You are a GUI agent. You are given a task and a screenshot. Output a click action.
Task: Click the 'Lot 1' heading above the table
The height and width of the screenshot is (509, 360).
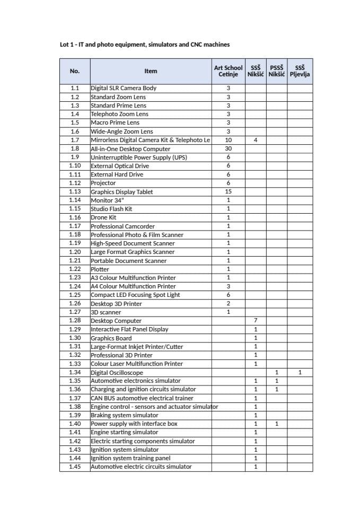[145, 45]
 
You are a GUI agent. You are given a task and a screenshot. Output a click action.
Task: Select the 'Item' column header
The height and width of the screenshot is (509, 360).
[151, 71]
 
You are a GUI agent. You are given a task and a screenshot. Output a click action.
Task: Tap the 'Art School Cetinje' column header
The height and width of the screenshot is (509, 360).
[229, 71]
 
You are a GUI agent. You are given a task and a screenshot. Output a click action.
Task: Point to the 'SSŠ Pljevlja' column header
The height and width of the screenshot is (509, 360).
[300, 71]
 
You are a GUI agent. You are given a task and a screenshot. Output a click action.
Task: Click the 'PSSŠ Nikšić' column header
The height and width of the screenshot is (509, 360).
[276, 71]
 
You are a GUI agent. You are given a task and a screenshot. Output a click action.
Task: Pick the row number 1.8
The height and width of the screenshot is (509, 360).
[75, 149]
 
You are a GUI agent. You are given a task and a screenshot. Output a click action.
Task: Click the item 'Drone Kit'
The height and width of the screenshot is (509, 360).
[103, 217]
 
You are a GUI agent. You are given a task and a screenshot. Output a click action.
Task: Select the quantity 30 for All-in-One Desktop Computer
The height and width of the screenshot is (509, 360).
[229, 149]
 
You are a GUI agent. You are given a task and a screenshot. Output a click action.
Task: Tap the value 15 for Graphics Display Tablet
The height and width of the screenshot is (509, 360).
[229, 192]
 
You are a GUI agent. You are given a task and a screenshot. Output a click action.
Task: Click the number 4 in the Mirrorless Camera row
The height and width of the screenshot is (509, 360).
[256, 141]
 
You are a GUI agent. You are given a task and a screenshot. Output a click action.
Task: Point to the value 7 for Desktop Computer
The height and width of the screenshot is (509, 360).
[256, 321]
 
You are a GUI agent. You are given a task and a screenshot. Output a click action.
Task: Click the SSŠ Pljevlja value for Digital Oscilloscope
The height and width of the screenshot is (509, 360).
[300, 372]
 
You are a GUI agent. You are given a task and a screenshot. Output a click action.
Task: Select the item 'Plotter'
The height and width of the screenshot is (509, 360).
[100, 269]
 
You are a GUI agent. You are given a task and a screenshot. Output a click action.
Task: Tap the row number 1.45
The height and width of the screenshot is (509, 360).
[75, 467]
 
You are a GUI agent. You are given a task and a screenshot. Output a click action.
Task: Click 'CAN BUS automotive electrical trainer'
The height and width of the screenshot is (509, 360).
[142, 398]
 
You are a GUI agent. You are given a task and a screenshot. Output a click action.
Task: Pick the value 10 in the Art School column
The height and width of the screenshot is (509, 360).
[229, 141]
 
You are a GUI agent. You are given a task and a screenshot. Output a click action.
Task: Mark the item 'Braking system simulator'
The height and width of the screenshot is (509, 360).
[125, 415]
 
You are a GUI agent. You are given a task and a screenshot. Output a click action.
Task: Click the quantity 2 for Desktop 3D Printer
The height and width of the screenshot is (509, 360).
[229, 304]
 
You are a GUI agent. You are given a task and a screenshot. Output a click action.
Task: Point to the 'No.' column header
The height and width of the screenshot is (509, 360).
[75, 71]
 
